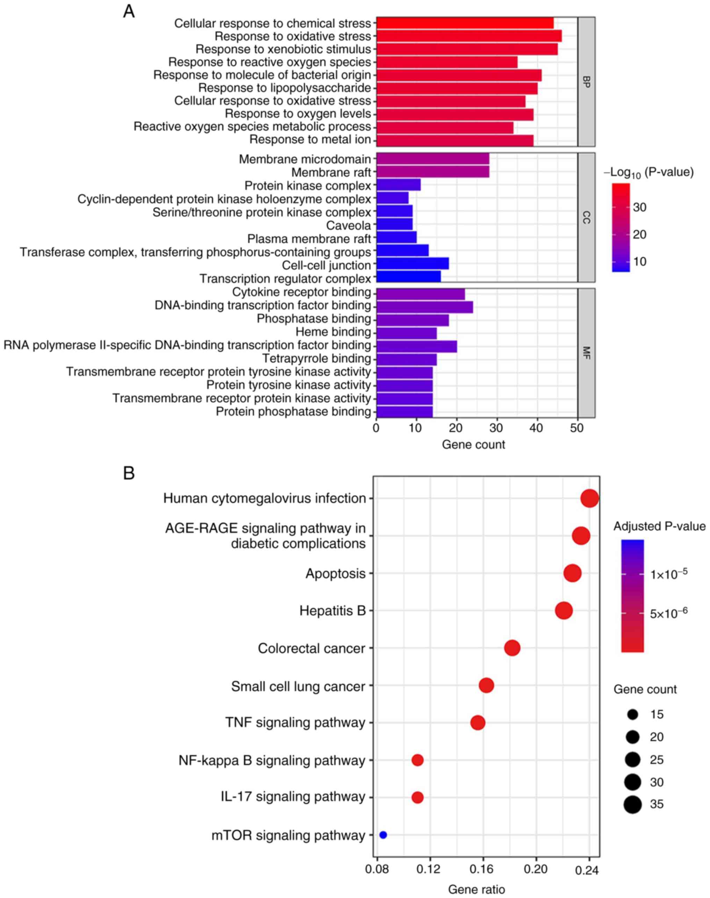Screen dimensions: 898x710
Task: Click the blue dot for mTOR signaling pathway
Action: (x=383, y=835)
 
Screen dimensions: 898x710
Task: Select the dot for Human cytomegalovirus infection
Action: (x=589, y=498)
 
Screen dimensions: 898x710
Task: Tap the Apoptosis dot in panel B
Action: (x=572, y=573)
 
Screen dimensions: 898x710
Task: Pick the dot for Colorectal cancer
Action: (x=512, y=648)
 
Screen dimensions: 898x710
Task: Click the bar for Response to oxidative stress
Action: (x=469, y=36)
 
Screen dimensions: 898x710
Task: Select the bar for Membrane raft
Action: (x=432, y=172)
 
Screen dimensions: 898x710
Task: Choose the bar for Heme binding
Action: (x=406, y=332)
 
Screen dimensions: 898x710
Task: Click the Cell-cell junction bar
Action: (x=412, y=265)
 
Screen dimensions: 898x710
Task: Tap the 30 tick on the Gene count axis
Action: (x=497, y=428)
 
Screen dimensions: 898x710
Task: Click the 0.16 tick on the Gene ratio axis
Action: (x=483, y=870)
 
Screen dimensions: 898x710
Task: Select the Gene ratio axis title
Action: (x=476, y=889)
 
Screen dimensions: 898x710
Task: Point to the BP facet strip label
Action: (x=586, y=81)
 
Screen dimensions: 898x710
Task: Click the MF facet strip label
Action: (x=586, y=353)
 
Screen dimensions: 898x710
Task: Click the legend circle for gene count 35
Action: (x=633, y=804)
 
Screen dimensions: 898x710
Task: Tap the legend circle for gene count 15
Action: (x=633, y=714)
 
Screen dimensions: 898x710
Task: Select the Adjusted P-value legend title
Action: (x=659, y=526)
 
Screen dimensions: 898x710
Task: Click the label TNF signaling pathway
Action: (x=295, y=723)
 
